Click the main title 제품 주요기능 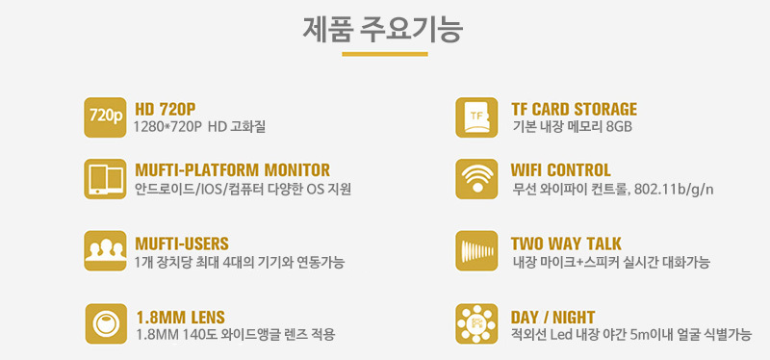pos(383,29)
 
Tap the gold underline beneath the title pos(384,54)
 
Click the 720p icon pos(105,117)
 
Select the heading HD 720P pos(165,109)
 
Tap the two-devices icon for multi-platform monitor pos(105,179)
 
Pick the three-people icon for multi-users pos(105,250)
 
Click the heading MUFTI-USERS pos(182,244)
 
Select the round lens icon pos(106,323)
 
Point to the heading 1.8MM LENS pos(180,317)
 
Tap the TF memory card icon pos(476,117)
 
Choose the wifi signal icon pos(476,179)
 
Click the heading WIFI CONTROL pos(561,170)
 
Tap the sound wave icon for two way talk pos(476,250)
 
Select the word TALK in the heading pos(603,244)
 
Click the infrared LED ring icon pos(476,323)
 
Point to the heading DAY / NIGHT pos(552,317)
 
